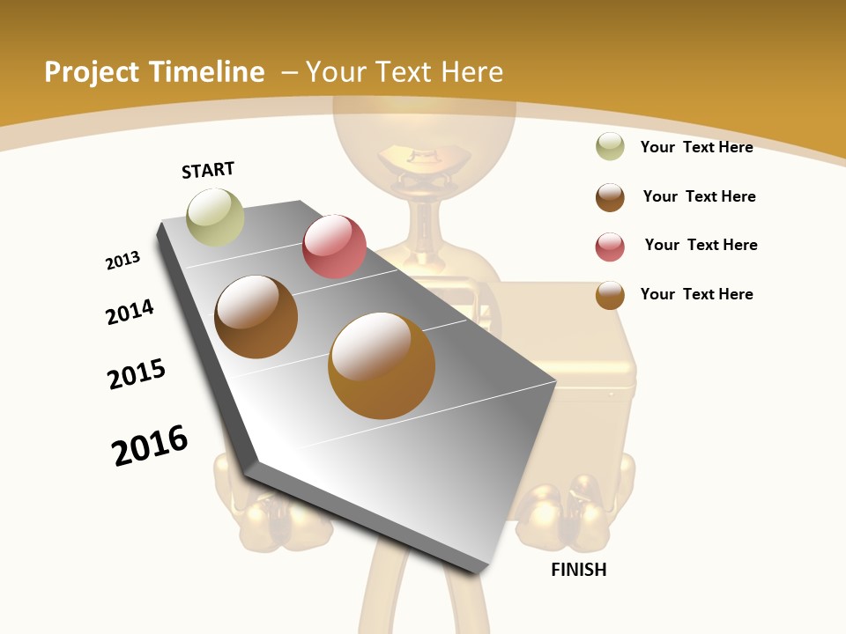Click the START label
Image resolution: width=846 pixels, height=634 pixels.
point(208,170)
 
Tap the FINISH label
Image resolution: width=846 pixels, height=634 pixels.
point(578,570)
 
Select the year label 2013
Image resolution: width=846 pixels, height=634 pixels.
point(122,261)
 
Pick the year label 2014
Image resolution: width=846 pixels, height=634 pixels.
point(130,312)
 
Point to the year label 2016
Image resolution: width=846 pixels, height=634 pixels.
point(150,446)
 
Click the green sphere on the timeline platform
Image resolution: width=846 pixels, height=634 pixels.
point(215,217)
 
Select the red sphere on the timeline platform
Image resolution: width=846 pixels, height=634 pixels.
point(334,246)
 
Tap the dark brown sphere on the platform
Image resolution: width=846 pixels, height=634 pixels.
point(256,317)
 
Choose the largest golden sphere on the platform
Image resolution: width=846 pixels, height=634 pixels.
point(381,365)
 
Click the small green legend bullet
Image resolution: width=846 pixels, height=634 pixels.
point(610,146)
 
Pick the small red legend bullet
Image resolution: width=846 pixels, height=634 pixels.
point(610,247)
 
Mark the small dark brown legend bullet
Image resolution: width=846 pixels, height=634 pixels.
point(610,197)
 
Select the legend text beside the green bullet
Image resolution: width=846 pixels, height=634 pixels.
point(696,147)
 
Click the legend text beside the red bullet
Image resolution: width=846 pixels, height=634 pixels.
point(701,245)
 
